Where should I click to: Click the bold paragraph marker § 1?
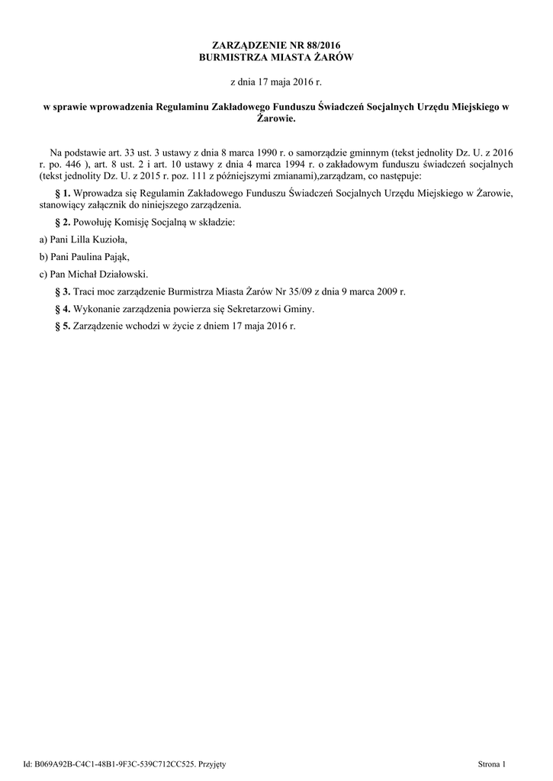coord(63,194)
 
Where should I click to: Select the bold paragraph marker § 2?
coord(63,222)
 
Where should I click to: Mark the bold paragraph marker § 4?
coord(63,309)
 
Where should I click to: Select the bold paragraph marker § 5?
coord(63,326)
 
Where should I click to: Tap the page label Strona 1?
coord(492,763)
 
